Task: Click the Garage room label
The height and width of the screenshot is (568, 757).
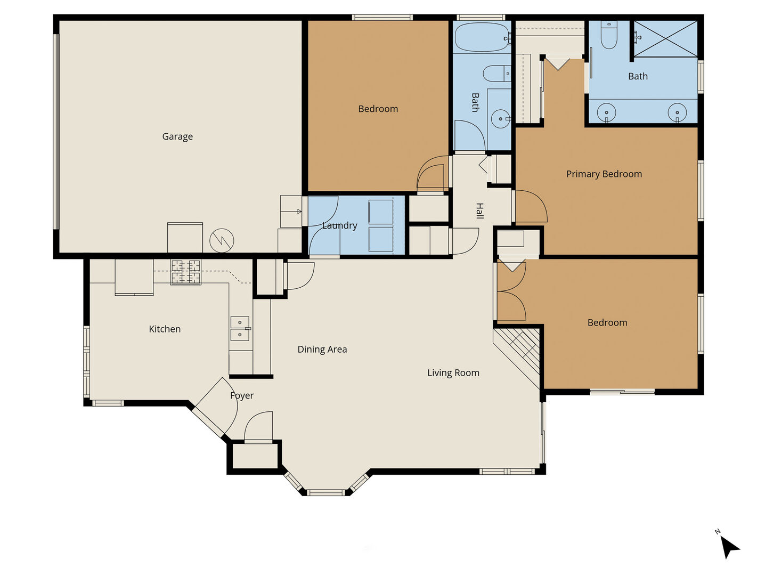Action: [177, 136]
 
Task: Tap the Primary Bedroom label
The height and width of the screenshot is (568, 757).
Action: [604, 174]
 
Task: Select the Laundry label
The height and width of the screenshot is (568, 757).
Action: [339, 225]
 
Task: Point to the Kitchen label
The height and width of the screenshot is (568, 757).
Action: [165, 329]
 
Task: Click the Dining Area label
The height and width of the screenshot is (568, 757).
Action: [322, 350]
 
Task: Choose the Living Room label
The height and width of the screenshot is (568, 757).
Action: [453, 373]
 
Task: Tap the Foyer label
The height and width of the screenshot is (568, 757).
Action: [242, 395]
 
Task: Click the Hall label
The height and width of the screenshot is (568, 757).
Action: [480, 210]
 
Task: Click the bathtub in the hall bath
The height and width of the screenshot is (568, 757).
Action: [482, 37]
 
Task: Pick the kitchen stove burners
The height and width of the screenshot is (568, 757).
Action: [185, 272]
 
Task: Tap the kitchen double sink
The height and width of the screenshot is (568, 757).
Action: [240, 329]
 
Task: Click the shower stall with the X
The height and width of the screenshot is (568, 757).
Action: [665, 39]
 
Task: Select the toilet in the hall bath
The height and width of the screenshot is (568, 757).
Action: [497, 74]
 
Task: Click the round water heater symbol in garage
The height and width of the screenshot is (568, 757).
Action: [222, 240]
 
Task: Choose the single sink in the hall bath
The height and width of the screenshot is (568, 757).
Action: [500, 119]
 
